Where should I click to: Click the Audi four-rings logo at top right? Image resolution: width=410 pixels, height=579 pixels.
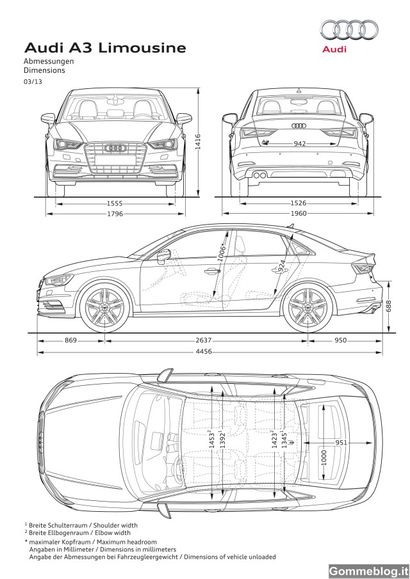tap(348, 29)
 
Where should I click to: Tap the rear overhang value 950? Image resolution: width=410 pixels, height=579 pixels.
tap(341, 340)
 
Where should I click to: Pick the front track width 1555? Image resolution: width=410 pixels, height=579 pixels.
tap(115, 203)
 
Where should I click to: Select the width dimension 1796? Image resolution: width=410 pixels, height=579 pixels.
tap(115, 214)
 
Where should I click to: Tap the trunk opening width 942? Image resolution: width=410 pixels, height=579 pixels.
tap(298, 144)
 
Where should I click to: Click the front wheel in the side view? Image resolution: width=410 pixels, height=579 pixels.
tap(104, 307)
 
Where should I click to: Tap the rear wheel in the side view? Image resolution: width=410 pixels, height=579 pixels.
tap(308, 307)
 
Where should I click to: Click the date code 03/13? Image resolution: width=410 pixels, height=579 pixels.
tap(31, 83)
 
